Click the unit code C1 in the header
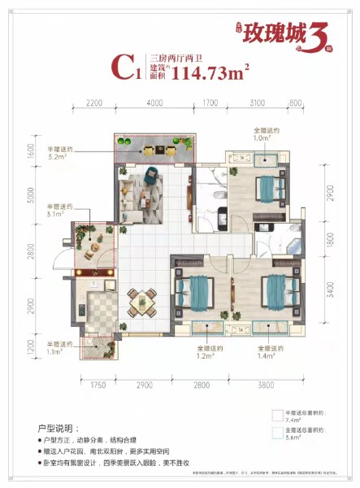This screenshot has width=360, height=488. (x=125, y=70)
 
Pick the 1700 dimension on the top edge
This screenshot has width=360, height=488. (x=209, y=104)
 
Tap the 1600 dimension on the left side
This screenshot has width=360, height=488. (x=28, y=152)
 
